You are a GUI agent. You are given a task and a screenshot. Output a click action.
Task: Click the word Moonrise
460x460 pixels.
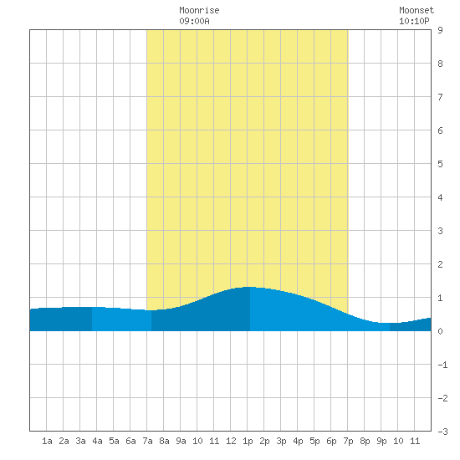point(199,10)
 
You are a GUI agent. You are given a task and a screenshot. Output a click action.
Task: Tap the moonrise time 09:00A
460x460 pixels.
point(194,21)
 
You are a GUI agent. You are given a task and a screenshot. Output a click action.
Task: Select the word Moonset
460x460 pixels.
point(417,10)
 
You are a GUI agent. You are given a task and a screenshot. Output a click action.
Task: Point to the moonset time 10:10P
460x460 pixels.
point(414,21)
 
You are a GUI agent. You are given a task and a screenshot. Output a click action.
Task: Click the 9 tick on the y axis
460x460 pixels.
point(440,30)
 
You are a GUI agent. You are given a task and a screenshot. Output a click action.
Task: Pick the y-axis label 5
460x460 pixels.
point(440,164)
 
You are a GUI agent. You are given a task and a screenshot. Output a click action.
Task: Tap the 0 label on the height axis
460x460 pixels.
point(440,331)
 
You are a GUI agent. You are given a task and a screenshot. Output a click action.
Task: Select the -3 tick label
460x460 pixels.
point(442,432)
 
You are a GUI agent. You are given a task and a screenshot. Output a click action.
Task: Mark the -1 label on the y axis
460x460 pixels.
point(442,365)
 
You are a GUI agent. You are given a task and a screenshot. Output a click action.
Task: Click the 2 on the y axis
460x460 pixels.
point(440,264)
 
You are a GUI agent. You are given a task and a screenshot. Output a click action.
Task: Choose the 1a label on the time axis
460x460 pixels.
point(47,441)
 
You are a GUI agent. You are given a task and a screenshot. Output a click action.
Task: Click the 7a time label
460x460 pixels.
point(147,441)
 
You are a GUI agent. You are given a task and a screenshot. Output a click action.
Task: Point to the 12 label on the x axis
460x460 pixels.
point(231,441)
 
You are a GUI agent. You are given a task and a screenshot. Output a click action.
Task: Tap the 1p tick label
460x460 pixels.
point(248,442)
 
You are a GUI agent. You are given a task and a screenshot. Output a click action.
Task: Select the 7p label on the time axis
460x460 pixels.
point(348,442)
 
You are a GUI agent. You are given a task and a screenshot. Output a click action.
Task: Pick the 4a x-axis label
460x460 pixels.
point(97,441)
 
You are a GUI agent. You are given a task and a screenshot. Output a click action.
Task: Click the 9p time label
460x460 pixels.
point(381,442)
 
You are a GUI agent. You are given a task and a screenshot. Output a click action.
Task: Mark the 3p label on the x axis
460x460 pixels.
point(281,442)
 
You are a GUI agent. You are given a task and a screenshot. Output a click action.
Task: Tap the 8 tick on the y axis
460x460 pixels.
point(440,64)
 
